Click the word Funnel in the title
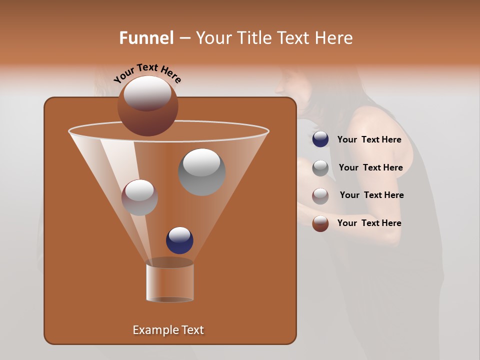(146, 38)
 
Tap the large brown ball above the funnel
(148, 106)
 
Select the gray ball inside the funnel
(201, 171)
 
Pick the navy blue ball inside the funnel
(179, 240)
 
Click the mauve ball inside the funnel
(139, 197)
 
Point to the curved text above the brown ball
(147, 72)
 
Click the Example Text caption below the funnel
(168, 330)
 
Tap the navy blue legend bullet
(320, 139)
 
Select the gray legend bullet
(320, 168)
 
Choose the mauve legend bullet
(320, 196)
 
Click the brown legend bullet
(320, 223)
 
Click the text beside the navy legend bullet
(369, 140)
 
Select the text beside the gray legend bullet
(370, 168)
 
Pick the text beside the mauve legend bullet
(371, 195)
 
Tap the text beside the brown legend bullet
(369, 223)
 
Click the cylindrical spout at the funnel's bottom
(169, 281)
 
